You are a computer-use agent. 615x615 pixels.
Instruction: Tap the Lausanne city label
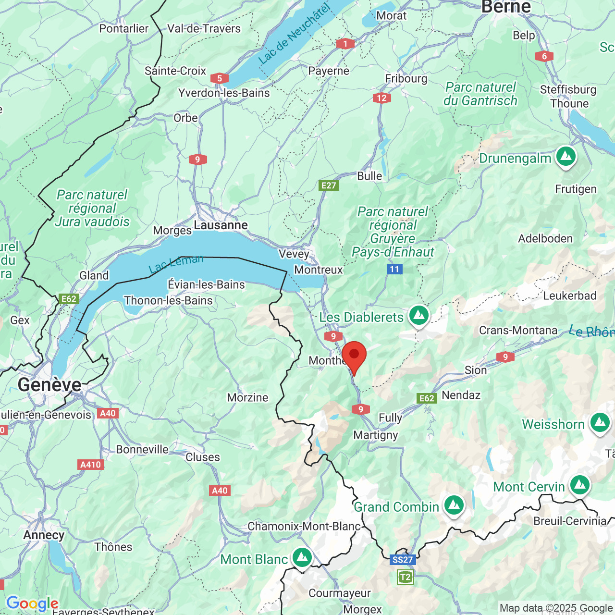tap(221, 225)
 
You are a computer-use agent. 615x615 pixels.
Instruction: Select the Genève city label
tap(49, 384)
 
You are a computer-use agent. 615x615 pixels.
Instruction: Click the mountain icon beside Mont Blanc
tap(302, 558)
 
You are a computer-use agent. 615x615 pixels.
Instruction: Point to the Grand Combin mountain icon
tap(454, 505)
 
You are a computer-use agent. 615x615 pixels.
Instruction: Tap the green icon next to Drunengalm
tap(566, 157)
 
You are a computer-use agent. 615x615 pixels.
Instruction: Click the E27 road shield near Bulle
tap(329, 185)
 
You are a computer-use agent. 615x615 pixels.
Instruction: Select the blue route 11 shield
tap(394, 269)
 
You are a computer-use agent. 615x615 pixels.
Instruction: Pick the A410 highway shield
tap(91, 464)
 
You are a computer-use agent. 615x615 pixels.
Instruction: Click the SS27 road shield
tap(402, 559)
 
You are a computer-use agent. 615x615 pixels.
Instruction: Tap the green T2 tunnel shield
tap(405, 577)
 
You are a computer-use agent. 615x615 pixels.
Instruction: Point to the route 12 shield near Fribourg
tap(381, 98)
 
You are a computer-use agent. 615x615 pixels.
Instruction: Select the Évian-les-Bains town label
tap(206, 284)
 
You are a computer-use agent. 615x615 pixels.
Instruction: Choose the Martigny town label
tap(376, 435)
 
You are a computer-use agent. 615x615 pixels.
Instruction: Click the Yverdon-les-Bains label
tap(224, 93)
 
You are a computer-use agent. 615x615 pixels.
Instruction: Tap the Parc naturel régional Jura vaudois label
tap(92, 208)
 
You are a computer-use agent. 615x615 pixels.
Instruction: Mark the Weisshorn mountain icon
tap(600, 423)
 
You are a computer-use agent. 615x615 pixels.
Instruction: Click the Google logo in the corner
tap(32, 603)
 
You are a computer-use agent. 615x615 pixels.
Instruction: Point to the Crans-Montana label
tap(518, 331)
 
